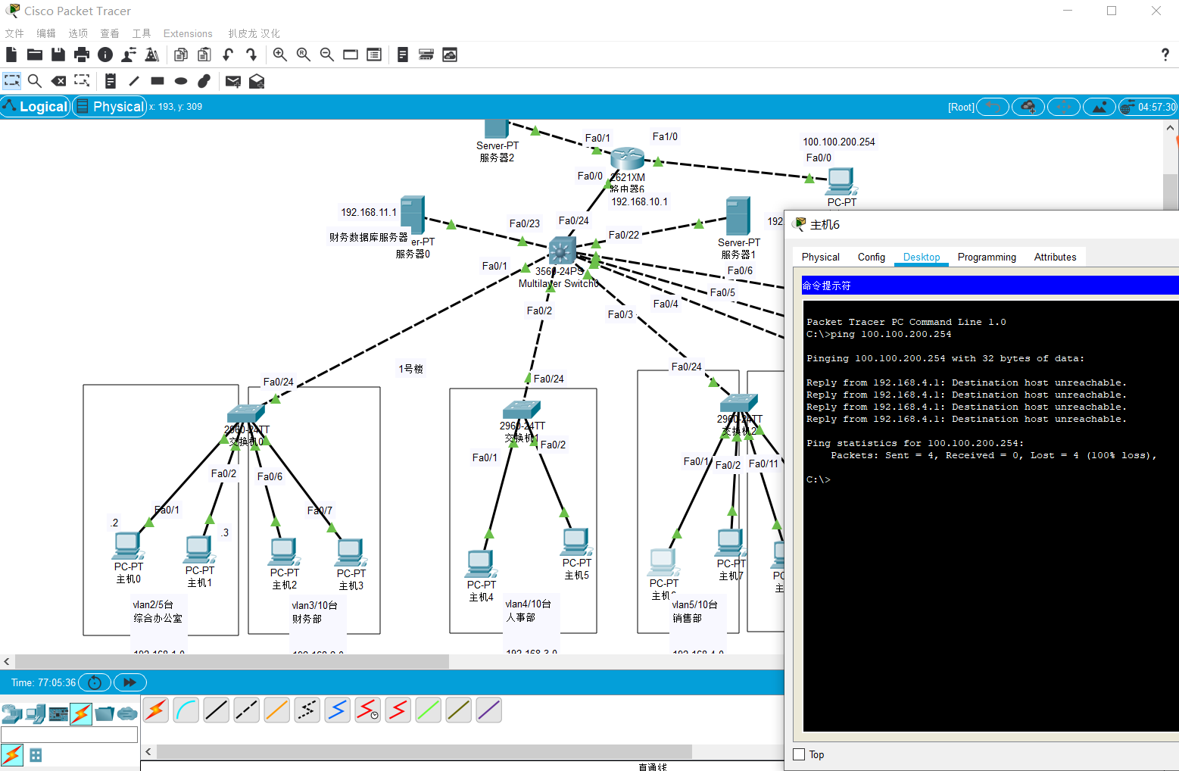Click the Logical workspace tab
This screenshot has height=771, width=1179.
36,107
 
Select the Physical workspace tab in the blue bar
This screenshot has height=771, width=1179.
110,107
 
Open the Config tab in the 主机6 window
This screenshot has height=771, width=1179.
871,258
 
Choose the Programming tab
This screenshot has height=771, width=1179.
987,258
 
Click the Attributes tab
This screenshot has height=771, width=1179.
1055,258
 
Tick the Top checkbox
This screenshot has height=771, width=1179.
799,754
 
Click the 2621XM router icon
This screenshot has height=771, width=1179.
627,158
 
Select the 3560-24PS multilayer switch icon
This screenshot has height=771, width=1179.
562,251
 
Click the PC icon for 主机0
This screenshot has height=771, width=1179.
127,546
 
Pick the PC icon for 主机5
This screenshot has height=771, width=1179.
575,542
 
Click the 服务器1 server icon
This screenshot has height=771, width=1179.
738,216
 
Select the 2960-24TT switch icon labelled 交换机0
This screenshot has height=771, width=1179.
245,414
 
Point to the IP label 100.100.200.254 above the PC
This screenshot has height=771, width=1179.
838,142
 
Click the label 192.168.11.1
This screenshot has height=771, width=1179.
368,213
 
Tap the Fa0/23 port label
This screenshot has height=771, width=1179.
524,223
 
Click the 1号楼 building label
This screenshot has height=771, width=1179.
411,369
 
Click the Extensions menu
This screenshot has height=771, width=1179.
188,33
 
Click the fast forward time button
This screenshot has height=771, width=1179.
129,682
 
